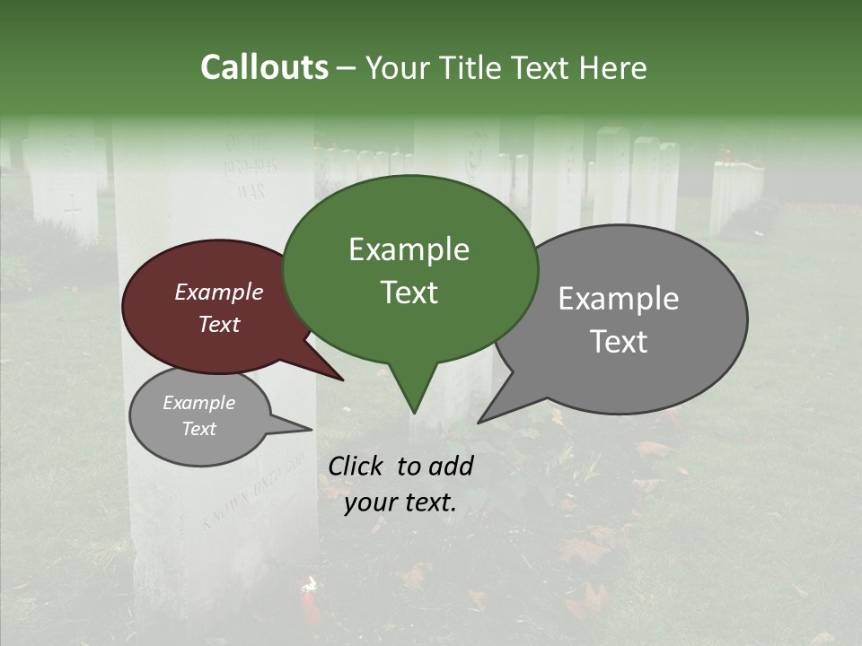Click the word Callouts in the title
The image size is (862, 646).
click(264, 67)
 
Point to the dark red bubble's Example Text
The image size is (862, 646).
click(219, 308)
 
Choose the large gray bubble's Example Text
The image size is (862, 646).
click(619, 319)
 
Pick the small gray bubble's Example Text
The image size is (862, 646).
click(198, 415)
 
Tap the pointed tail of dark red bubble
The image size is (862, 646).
click(341, 379)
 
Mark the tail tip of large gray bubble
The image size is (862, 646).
click(480, 421)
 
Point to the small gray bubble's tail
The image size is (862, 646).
click(308, 428)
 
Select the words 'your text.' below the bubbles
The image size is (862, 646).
click(400, 502)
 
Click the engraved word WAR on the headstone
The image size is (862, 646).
click(251, 191)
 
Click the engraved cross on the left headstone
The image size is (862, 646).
click(72, 210)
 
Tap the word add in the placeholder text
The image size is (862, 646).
click(452, 466)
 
